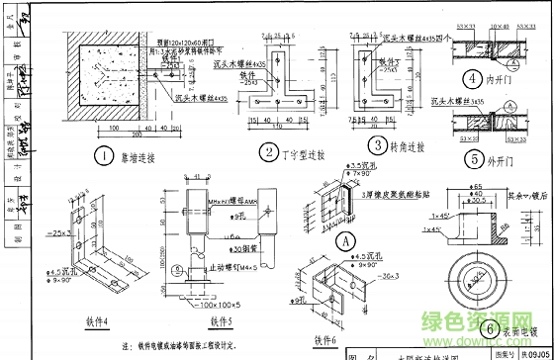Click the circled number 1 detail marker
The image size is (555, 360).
(x=103, y=154)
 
